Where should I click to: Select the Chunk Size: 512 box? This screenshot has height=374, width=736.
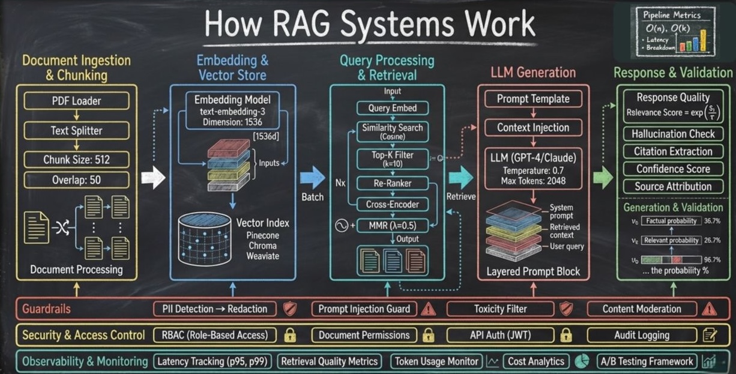tap(77, 160)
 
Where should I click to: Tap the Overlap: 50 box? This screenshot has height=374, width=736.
tap(77, 179)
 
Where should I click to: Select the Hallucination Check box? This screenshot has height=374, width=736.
tap(673, 134)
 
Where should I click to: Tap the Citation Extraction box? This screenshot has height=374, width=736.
tap(673, 151)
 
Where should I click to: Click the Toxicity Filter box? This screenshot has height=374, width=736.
tap(500, 309)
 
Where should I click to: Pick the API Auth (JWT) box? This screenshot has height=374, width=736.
tap(500, 335)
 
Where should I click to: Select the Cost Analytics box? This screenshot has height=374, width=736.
tap(536, 361)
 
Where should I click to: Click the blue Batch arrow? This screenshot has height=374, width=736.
tap(312, 177)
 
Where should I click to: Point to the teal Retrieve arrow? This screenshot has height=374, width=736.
tap(461, 177)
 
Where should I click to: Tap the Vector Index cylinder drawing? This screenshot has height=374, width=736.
tap(205, 239)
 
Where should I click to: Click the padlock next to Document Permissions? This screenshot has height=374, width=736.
tap(428, 335)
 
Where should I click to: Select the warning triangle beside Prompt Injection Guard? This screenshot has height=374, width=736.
tap(428, 309)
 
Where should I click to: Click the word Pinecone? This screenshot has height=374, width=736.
tap(262, 235)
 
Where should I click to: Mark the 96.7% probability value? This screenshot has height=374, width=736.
tap(712, 260)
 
